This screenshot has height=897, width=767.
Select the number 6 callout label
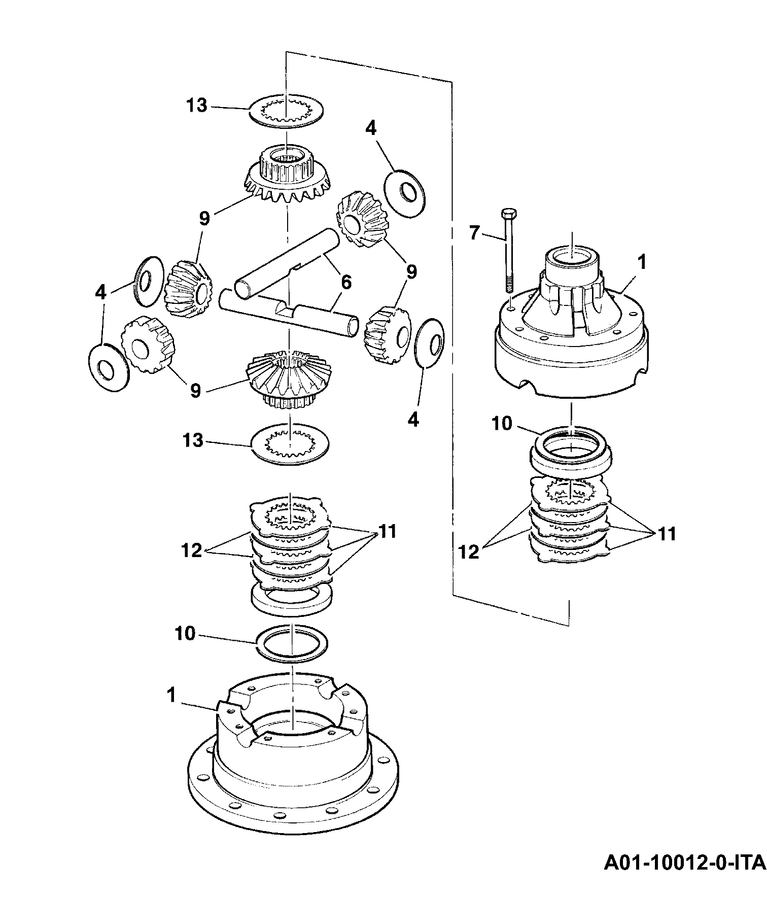(346, 282)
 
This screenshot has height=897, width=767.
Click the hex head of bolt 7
(507, 213)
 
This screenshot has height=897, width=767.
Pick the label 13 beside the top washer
(196, 106)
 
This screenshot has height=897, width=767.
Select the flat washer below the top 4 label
(404, 193)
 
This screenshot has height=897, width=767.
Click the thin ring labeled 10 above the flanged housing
(292, 643)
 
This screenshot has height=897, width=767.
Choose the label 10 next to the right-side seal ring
(503, 424)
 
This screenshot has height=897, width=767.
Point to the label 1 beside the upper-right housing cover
(642, 262)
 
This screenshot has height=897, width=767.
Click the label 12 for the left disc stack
(192, 550)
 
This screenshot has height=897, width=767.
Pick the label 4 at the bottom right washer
(413, 420)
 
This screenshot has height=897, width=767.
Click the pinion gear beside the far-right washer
(386, 335)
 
